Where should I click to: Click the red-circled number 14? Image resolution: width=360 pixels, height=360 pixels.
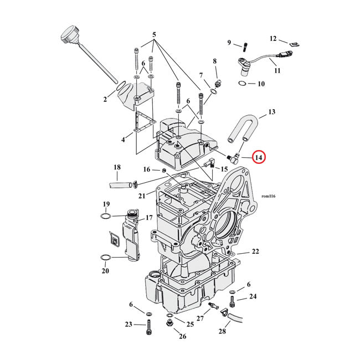tap(259, 158)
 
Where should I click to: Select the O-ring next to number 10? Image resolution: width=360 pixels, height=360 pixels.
tap(243, 84)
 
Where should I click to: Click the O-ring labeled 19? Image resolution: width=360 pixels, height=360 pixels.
tap(107, 215)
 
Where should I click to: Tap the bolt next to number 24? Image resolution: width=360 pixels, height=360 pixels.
tap(232, 302)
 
